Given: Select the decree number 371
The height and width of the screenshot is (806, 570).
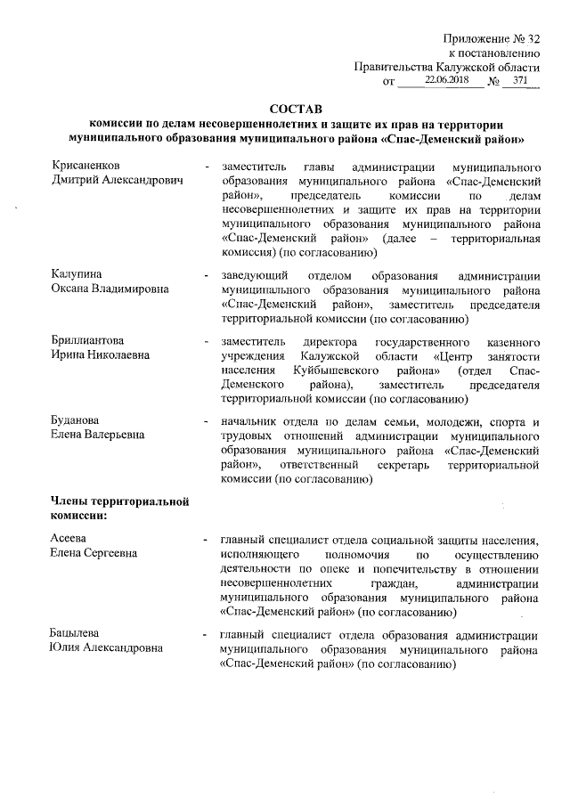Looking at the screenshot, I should click(x=520, y=80).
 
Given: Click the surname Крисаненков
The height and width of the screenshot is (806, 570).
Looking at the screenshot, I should click(x=87, y=167).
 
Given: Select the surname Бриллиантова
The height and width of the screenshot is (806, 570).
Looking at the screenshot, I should click(x=86, y=341).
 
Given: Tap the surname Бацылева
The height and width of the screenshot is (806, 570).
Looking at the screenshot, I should click(x=75, y=635).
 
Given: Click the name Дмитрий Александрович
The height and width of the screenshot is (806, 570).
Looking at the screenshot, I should click(x=116, y=181).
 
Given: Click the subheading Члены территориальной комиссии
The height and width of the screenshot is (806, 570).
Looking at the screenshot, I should click(x=118, y=508).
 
